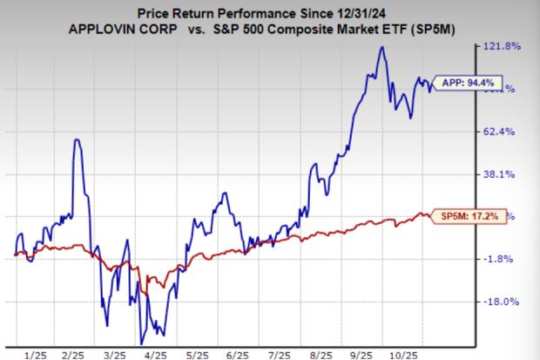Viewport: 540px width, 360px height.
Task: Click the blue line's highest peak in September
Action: [381, 47]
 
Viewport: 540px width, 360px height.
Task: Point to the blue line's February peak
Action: [78, 139]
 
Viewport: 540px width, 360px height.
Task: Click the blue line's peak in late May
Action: [225, 193]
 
